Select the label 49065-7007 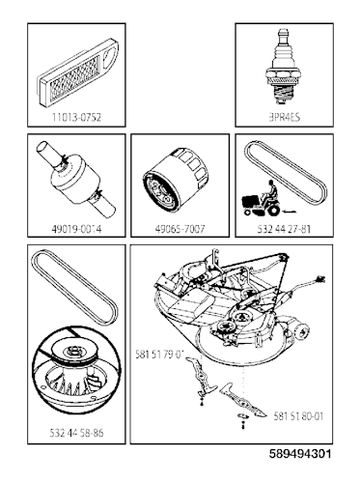180,231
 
